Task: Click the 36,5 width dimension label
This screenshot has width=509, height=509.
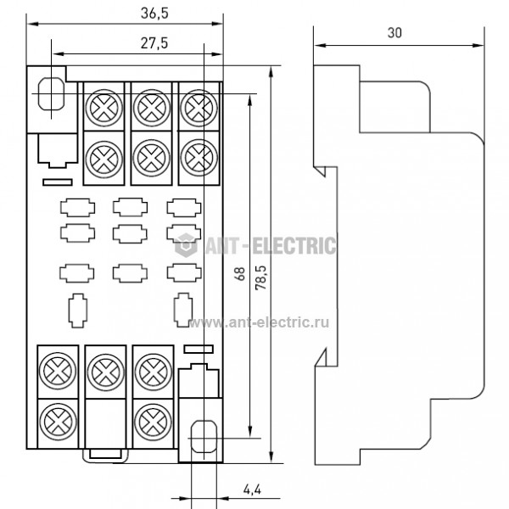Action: (154, 14)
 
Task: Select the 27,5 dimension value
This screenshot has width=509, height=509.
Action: (154, 43)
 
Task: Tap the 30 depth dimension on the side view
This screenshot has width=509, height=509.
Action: (394, 33)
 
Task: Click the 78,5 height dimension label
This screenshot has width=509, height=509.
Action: (260, 277)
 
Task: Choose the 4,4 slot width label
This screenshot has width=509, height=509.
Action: (252, 489)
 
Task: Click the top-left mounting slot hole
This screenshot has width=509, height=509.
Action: (51, 94)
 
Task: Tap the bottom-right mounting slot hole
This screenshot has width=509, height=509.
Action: (204, 437)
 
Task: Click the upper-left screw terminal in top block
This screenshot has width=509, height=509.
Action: (104, 108)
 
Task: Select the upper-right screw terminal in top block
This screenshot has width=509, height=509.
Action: (199, 108)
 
